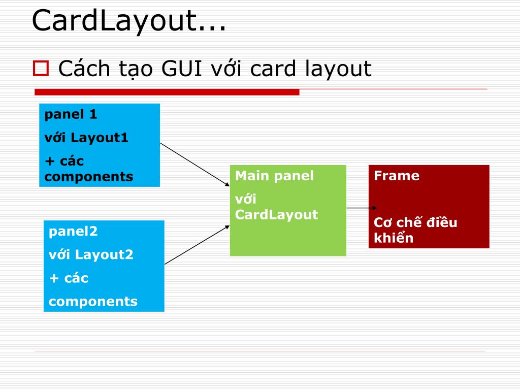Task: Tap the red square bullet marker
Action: click(x=40, y=68)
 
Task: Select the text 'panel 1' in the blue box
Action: click(x=71, y=114)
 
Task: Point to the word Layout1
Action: click(x=100, y=138)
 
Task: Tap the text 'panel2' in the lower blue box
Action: click(x=73, y=232)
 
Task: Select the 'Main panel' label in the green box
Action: click(x=274, y=176)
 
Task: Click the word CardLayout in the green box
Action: click(x=276, y=215)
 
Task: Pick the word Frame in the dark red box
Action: click(x=397, y=176)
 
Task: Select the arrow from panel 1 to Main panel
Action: click(x=195, y=165)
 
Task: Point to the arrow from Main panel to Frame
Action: click(x=361, y=208)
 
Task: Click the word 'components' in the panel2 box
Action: click(x=93, y=302)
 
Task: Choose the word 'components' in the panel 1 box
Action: click(x=89, y=177)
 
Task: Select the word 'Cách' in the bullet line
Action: click(x=82, y=68)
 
